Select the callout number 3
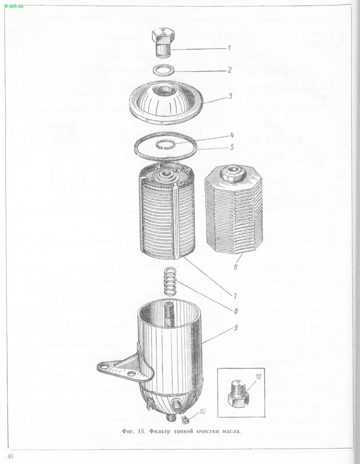[x=230, y=96]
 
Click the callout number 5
[x=232, y=147]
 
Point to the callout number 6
[x=236, y=267]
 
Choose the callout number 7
[x=234, y=296]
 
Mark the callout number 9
[x=236, y=328]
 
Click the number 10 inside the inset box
[x=258, y=377]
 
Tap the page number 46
[x=10, y=456]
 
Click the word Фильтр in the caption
[x=160, y=431]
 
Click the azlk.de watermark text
[x=14, y=6]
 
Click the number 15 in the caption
[x=141, y=431]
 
